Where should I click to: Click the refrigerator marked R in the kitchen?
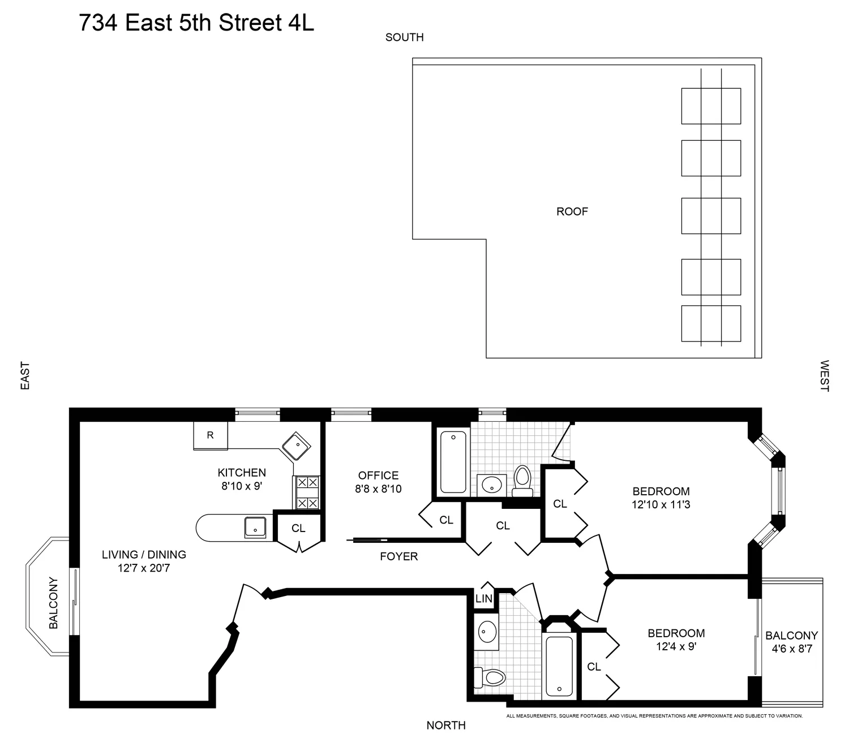210,435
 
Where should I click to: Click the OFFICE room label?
378,476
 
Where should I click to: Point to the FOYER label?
398,556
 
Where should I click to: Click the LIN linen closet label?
484,599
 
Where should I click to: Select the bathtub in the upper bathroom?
452,462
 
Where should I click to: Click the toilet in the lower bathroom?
490,676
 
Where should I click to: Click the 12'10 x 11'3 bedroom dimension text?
661,504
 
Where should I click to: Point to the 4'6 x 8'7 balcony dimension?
792,649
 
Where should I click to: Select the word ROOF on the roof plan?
572,212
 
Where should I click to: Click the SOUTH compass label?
404,37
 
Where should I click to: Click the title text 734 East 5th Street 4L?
196,23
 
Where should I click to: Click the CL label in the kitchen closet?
298,529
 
